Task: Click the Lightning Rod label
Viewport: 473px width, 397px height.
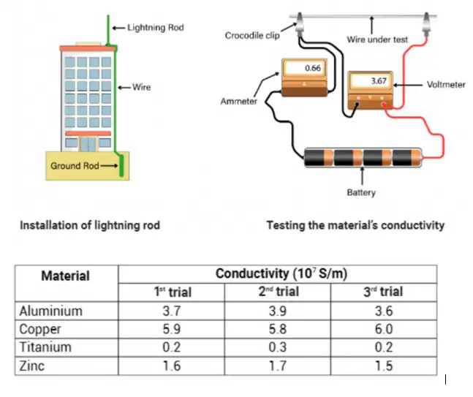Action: point(156,28)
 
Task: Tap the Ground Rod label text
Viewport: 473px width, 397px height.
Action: point(75,166)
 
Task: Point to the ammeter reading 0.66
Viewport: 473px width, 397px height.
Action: point(313,68)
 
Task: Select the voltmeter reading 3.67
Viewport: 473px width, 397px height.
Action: point(379,81)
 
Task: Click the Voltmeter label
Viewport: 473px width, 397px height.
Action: point(446,85)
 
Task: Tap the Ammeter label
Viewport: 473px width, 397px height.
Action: point(238,101)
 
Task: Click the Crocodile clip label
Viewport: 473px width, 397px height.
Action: point(252,36)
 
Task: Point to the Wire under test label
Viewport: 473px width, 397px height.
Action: point(377,39)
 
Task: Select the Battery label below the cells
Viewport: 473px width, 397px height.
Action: point(361,192)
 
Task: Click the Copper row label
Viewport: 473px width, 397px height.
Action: point(40,329)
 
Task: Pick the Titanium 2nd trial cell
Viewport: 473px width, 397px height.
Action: point(278,347)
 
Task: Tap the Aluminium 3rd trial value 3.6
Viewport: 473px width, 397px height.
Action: point(384,311)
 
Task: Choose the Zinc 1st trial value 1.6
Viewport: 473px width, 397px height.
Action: point(172,366)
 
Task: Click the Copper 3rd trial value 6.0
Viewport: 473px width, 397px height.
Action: point(384,329)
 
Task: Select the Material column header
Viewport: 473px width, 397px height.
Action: point(66,276)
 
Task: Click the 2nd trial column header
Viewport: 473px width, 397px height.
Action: point(279,292)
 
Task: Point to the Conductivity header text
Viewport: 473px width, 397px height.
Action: point(281,273)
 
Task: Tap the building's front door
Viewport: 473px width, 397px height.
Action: point(88,144)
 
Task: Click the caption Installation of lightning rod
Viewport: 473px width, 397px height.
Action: point(90,225)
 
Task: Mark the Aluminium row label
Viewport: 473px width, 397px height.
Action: point(50,311)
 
